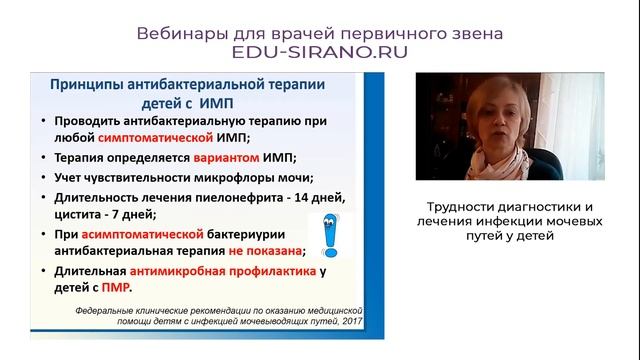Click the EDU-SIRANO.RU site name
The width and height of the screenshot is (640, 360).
click(320, 53)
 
